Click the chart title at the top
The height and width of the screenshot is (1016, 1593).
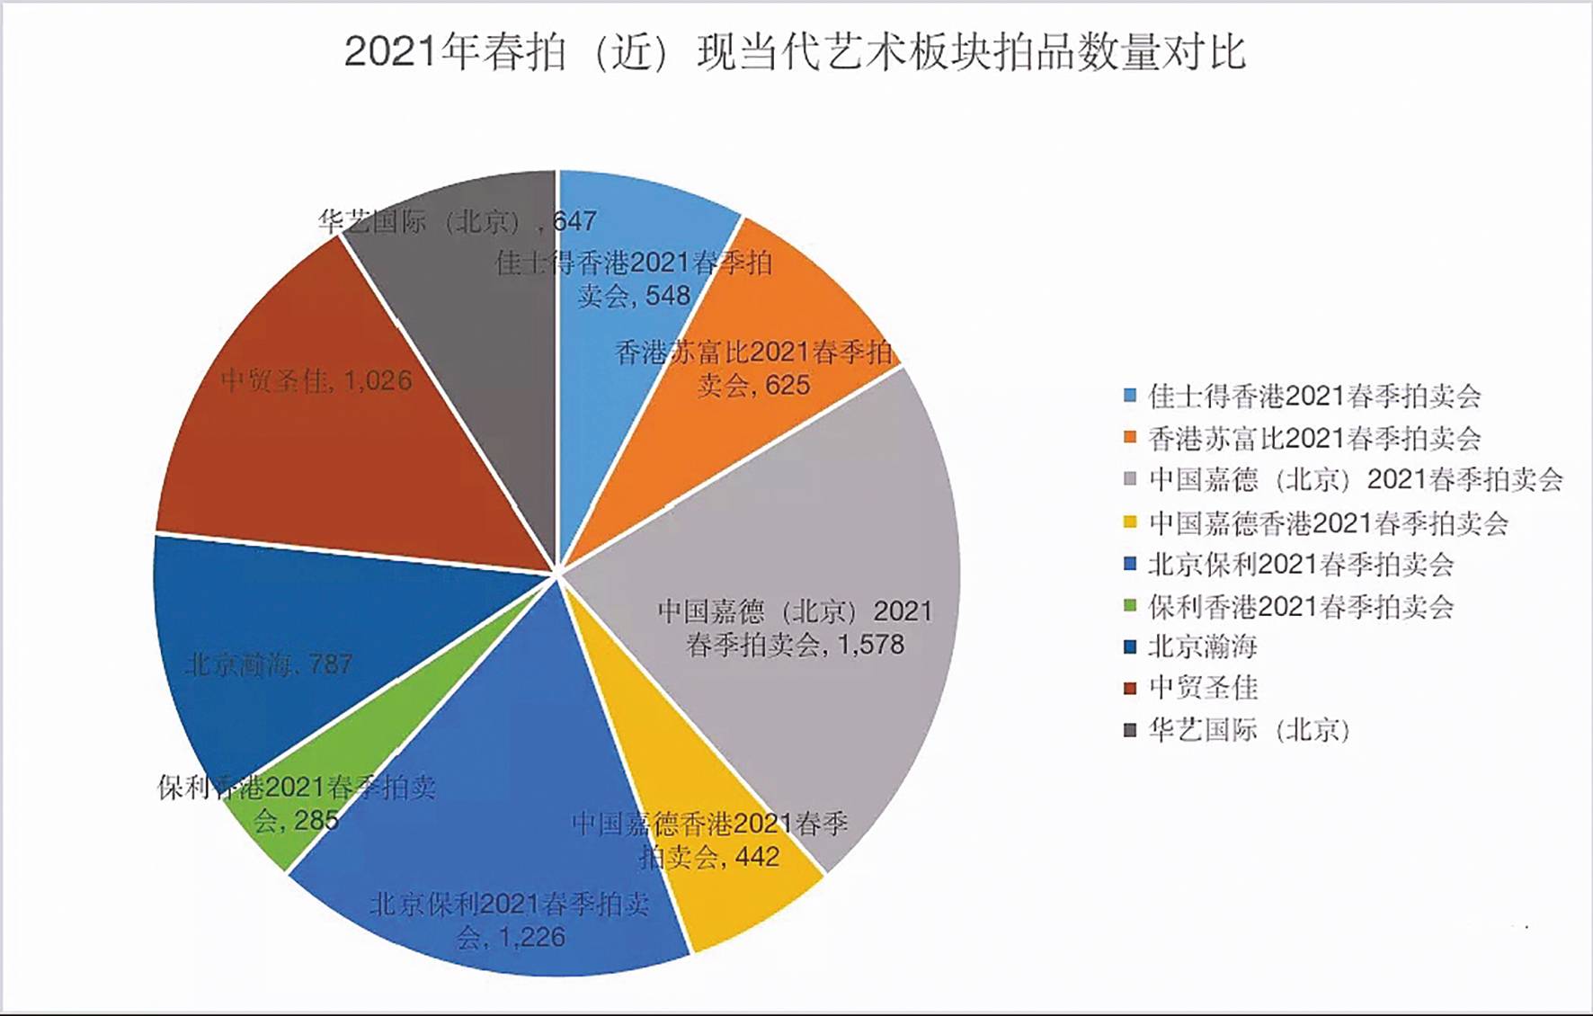795,52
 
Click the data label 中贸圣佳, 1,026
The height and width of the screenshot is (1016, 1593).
316,381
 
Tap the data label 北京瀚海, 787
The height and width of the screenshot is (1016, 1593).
269,664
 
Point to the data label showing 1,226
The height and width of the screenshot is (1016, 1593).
510,921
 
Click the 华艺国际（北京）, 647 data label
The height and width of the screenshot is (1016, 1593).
457,221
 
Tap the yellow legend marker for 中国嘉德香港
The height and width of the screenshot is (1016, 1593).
1130,522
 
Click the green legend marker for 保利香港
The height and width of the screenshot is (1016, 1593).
1130,606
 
